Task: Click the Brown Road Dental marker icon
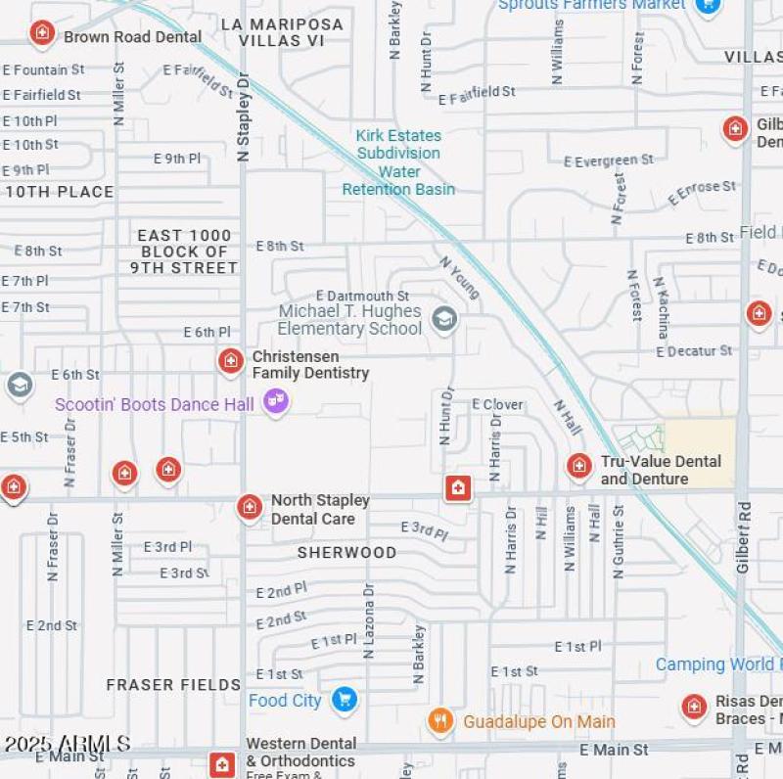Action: tap(41, 34)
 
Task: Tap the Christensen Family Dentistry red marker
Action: tap(230, 361)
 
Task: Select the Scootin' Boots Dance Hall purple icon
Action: tap(276, 401)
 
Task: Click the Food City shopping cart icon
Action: tap(343, 699)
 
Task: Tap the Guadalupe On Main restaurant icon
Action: tap(440, 721)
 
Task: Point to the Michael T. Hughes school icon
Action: tap(445, 319)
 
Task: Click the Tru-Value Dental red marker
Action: tap(579, 466)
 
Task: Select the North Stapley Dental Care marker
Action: tap(250, 507)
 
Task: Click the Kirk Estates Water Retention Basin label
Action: tap(398, 162)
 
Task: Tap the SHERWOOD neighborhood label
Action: tap(346, 553)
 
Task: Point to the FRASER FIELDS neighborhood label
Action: tap(173, 685)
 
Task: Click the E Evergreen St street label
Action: tap(609, 160)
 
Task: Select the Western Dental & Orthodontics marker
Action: tap(223, 763)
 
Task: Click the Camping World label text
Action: tap(717, 664)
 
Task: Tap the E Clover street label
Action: tap(497, 404)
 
